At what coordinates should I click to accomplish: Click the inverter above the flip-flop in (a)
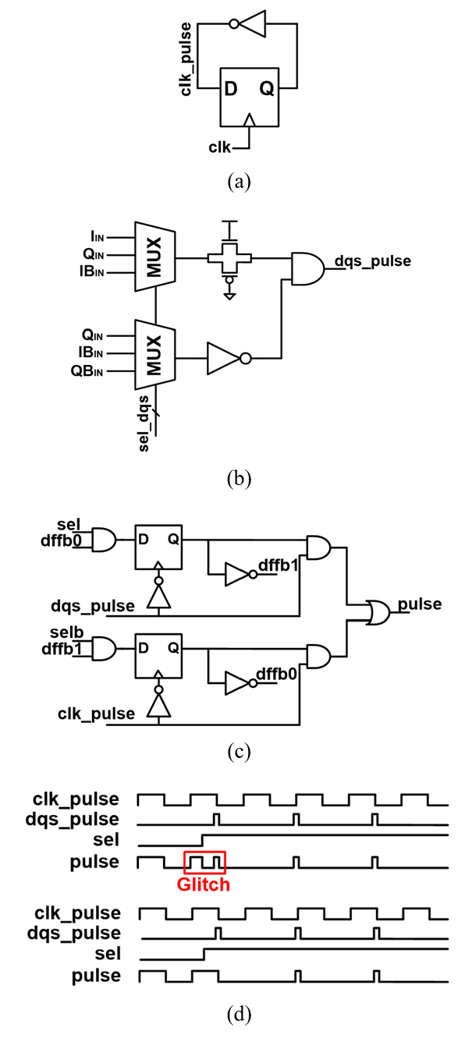[x=248, y=23]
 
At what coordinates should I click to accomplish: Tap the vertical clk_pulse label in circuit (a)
[x=186, y=58]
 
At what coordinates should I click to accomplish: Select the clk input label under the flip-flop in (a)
[x=219, y=147]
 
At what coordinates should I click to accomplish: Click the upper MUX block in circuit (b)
[x=154, y=257]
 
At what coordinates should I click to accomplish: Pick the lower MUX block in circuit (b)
[x=154, y=354]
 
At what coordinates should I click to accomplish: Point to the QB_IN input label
[x=87, y=371]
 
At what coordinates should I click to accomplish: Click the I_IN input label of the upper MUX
[x=98, y=237]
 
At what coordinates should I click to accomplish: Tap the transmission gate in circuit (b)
[x=229, y=257]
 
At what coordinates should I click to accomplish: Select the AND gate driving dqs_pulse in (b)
[x=307, y=267]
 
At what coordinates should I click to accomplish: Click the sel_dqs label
[x=144, y=423]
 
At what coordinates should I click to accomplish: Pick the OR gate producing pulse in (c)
[x=378, y=613]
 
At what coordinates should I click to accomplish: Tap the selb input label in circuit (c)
[x=67, y=632]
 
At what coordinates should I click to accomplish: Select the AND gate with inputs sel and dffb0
[x=105, y=540]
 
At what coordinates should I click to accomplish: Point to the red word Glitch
[x=203, y=884]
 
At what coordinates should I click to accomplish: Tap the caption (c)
[x=240, y=752]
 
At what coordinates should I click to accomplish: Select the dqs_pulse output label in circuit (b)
[x=373, y=261]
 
